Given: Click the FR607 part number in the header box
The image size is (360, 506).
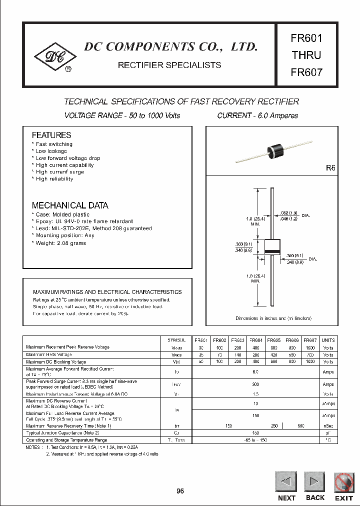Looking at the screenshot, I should point(306,71).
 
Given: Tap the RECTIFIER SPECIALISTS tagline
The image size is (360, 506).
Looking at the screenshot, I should point(169,65).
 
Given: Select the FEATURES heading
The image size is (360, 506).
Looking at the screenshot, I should point(51,135).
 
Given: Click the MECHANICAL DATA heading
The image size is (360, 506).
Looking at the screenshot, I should point(70,205).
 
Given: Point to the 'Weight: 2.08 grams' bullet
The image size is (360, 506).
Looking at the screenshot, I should point(60,243).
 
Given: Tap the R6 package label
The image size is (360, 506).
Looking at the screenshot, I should point(330,168).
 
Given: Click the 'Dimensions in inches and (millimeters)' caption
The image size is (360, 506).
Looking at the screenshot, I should point(273,318).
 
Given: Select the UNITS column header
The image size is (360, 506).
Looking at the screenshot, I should point(328,340).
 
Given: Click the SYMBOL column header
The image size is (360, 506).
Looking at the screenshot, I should point(177,340).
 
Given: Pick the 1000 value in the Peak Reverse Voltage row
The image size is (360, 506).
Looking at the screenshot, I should point(310,346).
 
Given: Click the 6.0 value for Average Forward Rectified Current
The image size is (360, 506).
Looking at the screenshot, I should point(255,372).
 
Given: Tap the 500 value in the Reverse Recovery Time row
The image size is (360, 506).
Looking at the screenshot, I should point(300,425).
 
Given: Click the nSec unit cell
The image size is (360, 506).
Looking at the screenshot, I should point(328,425).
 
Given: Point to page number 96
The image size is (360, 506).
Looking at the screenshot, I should point(180,491).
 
